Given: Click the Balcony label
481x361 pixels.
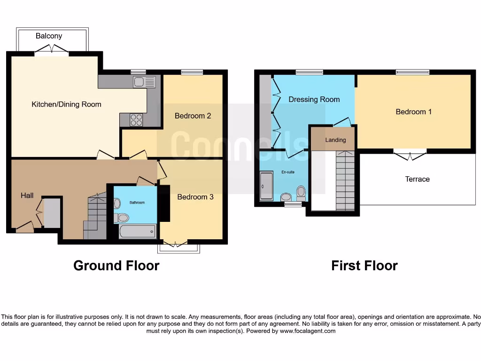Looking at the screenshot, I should tap(49, 36).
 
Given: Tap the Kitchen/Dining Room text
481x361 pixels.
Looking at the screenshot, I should tap(66, 104).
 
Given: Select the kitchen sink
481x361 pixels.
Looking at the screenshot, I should tap(144, 82).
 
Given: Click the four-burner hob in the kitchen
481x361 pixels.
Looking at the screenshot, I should tap(136, 120).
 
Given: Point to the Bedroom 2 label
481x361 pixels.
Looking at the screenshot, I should tap(193, 116).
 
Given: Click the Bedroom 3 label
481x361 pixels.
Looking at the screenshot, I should tap(195, 197).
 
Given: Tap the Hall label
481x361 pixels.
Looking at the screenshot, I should tap(27, 195).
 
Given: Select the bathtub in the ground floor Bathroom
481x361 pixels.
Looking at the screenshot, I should tap(137, 231).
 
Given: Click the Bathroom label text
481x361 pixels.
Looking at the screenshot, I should tap(137, 203).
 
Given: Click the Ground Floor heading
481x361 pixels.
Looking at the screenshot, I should tap(116, 266).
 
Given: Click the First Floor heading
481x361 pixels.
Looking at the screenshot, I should tap(364, 266).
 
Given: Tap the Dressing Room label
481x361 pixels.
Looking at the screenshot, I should tap(314, 100).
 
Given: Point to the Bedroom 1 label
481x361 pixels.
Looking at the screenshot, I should tap(413, 112).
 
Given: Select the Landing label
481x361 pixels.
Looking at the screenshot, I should tap(335, 140).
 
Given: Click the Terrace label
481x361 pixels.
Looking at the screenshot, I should tap(417, 179).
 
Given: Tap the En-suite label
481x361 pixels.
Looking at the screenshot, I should tap(288, 172).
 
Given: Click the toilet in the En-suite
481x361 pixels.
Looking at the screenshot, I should tap(301, 192).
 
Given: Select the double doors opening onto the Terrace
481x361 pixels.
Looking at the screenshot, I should tap(410, 155).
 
